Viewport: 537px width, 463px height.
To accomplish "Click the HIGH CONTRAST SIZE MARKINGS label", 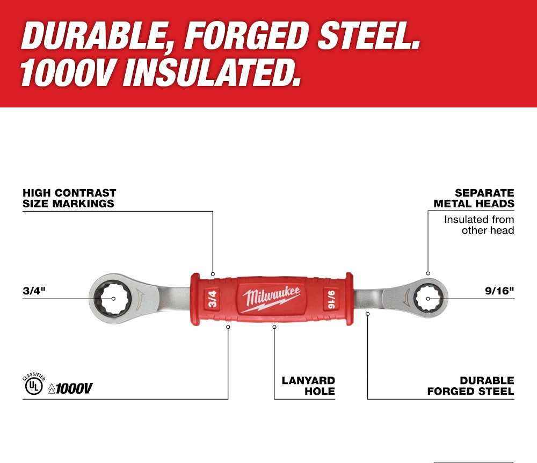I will click(69, 198).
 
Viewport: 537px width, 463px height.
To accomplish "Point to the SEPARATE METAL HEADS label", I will click(474, 198).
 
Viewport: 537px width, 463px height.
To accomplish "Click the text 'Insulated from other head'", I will click(478, 225).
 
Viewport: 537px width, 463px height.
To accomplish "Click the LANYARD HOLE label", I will click(308, 386).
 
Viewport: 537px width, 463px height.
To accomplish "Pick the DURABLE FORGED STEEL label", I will click(470, 386).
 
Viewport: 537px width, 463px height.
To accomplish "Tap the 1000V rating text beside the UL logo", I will click(70, 388).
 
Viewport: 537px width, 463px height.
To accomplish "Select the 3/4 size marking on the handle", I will click(212, 298).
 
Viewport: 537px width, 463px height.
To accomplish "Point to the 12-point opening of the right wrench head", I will click(428, 298).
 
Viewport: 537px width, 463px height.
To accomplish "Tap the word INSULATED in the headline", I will click(209, 73).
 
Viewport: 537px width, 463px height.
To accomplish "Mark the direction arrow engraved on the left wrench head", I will click(140, 298).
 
